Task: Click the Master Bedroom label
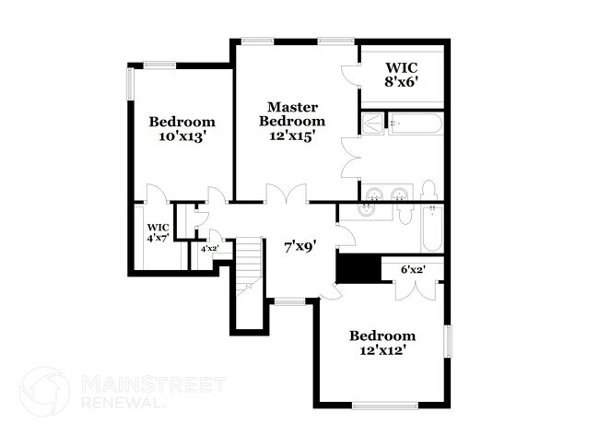(292, 113)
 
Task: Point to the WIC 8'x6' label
(402, 74)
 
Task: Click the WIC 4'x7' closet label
(159, 233)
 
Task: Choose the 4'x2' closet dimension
(209, 248)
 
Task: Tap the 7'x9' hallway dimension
(300, 246)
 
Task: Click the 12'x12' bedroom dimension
(382, 350)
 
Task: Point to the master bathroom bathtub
(416, 124)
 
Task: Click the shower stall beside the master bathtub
(371, 124)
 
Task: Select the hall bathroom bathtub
(433, 230)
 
